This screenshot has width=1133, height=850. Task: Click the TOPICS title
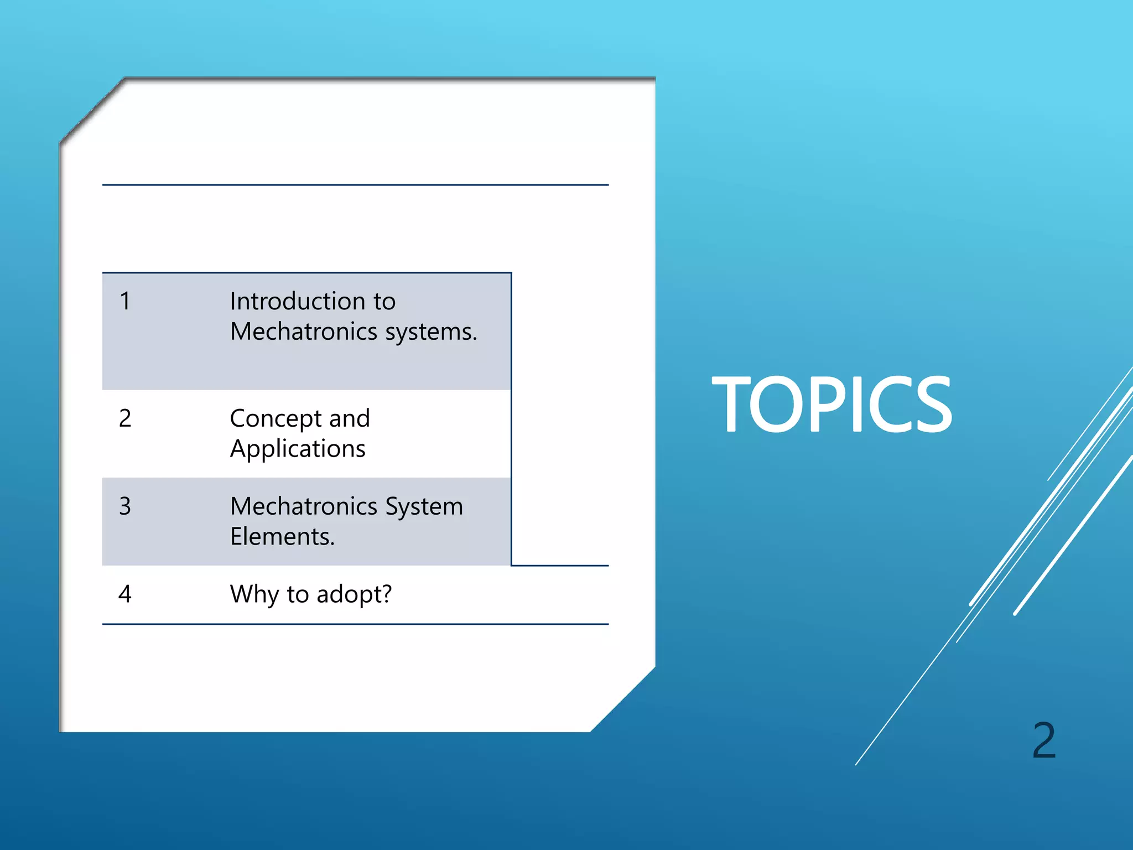[831, 403]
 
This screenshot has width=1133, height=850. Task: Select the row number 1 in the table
[125, 302]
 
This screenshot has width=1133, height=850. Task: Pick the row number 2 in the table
[125, 418]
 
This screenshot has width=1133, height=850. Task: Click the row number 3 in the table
[125, 506]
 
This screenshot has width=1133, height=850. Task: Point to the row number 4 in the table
[125, 594]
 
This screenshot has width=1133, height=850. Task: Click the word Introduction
[297, 302]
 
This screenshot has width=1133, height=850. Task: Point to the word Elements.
[282, 537]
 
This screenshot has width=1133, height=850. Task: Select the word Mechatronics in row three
[304, 506]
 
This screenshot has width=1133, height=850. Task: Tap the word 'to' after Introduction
[384, 302]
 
